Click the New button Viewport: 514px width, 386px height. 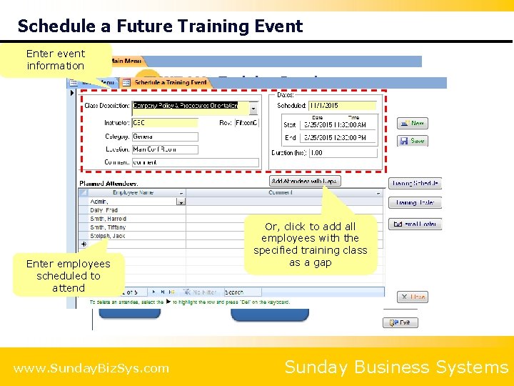[412, 123]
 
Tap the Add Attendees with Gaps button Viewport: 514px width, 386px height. [305, 182]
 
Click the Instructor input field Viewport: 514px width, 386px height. [164, 122]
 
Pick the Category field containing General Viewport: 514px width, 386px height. [164, 136]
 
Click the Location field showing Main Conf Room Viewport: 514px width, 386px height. [164, 149]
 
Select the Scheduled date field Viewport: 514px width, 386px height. [343, 106]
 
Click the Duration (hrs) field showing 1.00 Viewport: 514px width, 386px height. [343, 152]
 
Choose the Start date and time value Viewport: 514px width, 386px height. [335, 125]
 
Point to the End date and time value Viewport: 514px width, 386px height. [335, 137]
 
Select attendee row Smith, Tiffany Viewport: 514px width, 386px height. [109, 227]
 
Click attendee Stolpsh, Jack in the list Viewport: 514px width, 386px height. [109, 236]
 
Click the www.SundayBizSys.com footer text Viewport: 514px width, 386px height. [91, 369]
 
